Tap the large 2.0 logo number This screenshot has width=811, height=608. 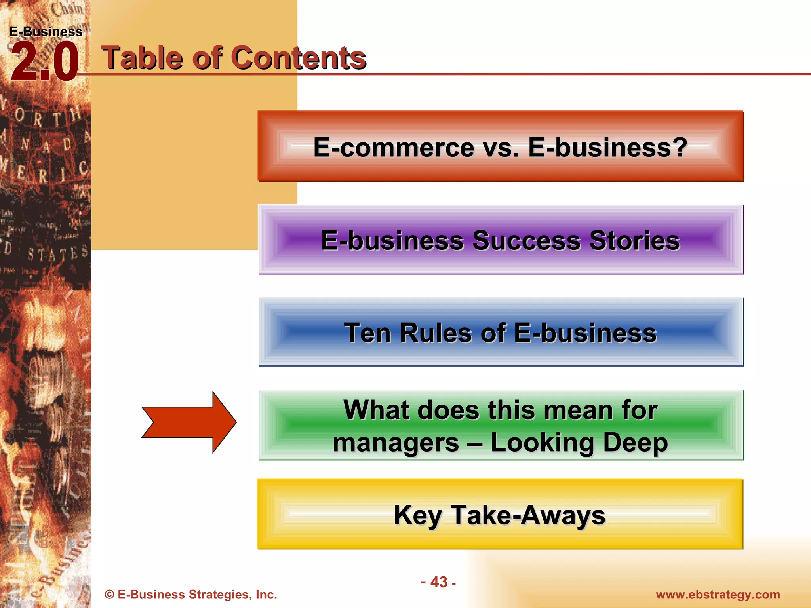click(44, 62)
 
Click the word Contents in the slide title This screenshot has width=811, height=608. click(299, 58)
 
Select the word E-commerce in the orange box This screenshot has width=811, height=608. click(394, 147)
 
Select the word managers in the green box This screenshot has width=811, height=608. click(396, 443)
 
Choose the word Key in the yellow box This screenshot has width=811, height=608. click(417, 515)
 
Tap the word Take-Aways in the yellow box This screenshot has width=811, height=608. click(528, 515)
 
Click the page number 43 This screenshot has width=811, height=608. click(439, 582)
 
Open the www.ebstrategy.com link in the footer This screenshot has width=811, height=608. click(718, 595)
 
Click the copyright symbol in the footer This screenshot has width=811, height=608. click(109, 595)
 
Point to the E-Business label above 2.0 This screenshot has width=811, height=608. click(46, 32)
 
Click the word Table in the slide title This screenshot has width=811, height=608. click(143, 58)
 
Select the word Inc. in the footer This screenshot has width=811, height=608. click(266, 595)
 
